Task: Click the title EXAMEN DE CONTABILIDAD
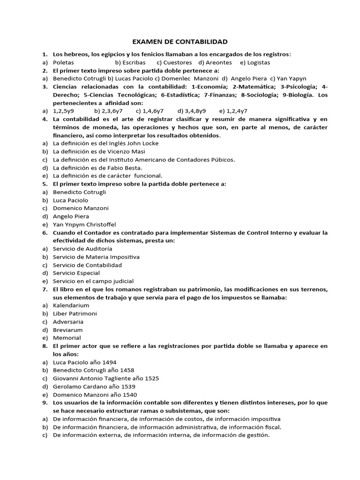coord(180,42)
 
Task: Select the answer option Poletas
coord(63,62)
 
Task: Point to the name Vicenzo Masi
coord(127,151)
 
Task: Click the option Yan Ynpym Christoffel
coord(84,225)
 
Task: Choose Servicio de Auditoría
coord(82,249)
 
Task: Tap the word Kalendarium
coord(71,305)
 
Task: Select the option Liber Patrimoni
coord(75,314)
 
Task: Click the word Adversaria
coord(68,322)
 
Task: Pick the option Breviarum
coord(68,330)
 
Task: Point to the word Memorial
coord(67,338)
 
